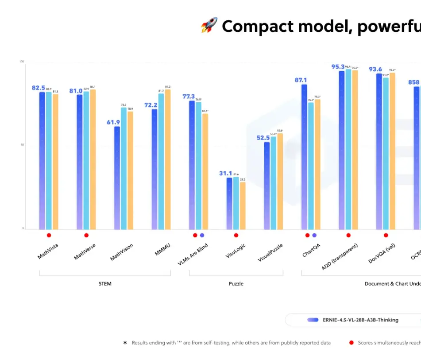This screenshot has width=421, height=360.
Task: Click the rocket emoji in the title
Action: click(x=209, y=26)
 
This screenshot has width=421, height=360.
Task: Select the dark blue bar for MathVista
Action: click(x=42, y=159)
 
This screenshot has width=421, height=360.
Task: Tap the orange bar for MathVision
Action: click(x=130, y=170)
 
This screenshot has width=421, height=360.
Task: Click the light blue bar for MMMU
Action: click(x=161, y=161)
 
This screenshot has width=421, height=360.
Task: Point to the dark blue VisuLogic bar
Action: click(x=229, y=203)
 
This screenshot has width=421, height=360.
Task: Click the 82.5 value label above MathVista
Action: click(x=39, y=88)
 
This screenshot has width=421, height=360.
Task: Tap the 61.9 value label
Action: click(x=113, y=122)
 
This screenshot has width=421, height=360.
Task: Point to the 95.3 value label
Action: click(x=338, y=67)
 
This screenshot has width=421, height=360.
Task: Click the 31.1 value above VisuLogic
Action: click(x=226, y=173)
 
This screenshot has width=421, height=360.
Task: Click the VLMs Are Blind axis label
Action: click(x=193, y=254)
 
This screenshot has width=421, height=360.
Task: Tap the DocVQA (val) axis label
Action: click(x=382, y=253)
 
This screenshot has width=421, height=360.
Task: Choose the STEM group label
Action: click(x=105, y=283)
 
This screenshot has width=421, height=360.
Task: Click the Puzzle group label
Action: click(x=236, y=283)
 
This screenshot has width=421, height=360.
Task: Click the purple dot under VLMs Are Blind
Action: click(x=202, y=235)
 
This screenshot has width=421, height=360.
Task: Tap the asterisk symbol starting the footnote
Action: click(x=125, y=343)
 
